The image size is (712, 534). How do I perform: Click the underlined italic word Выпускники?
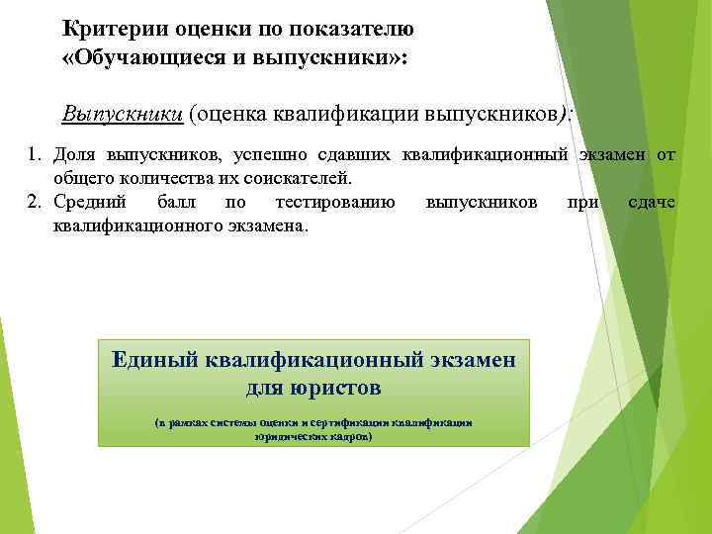[122, 113]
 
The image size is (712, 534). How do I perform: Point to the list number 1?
[33, 155]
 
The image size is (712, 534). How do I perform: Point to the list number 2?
[33, 203]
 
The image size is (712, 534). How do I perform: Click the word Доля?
[73, 155]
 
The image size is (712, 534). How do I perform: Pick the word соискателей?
[302, 179]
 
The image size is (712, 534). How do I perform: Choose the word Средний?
[89, 203]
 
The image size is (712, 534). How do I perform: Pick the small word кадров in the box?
[351, 435]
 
